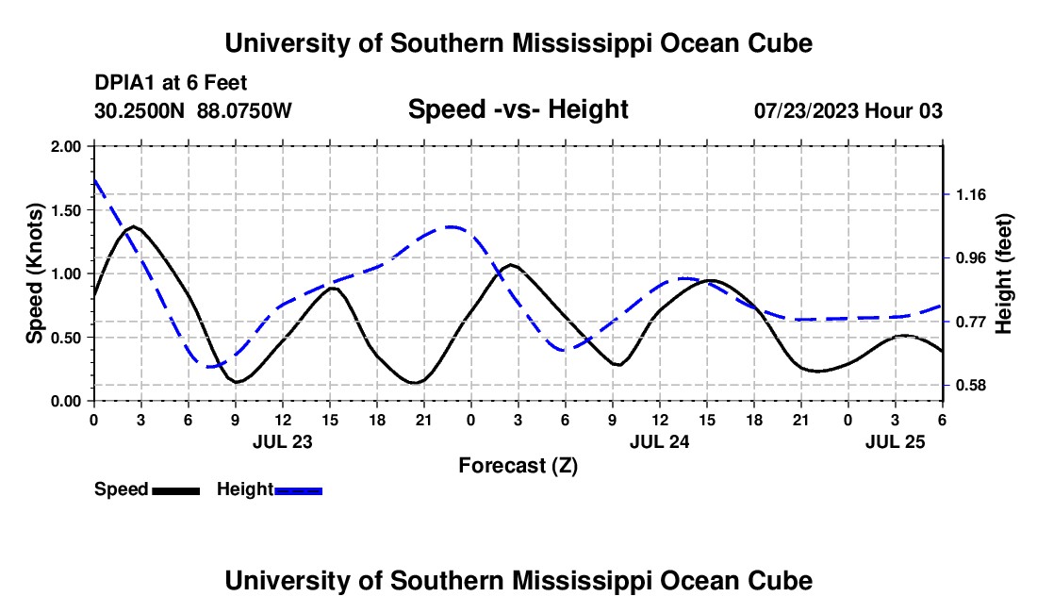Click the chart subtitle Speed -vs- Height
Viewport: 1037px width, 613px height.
(x=518, y=109)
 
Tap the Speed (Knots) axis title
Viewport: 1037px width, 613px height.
(x=35, y=273)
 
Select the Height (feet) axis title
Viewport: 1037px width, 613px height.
(x=1003, y=273)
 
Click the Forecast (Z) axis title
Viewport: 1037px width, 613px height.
(x=518, y=465)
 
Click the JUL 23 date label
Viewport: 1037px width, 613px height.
(x=282, y=441)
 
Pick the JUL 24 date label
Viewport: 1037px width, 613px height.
(x=659, y=441)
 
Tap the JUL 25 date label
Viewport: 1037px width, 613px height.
(x=896, y=441)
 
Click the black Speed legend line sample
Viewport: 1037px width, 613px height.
(x=175, y=490)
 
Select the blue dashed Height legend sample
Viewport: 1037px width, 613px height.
(x=298, y=490)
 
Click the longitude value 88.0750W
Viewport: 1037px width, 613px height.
(x=244, y=111)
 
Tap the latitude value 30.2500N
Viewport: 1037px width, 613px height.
(x=140, y=111)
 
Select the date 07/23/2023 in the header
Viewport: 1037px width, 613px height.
(x=806, y=111)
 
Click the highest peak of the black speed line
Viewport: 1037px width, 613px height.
(x=134, y=226)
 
